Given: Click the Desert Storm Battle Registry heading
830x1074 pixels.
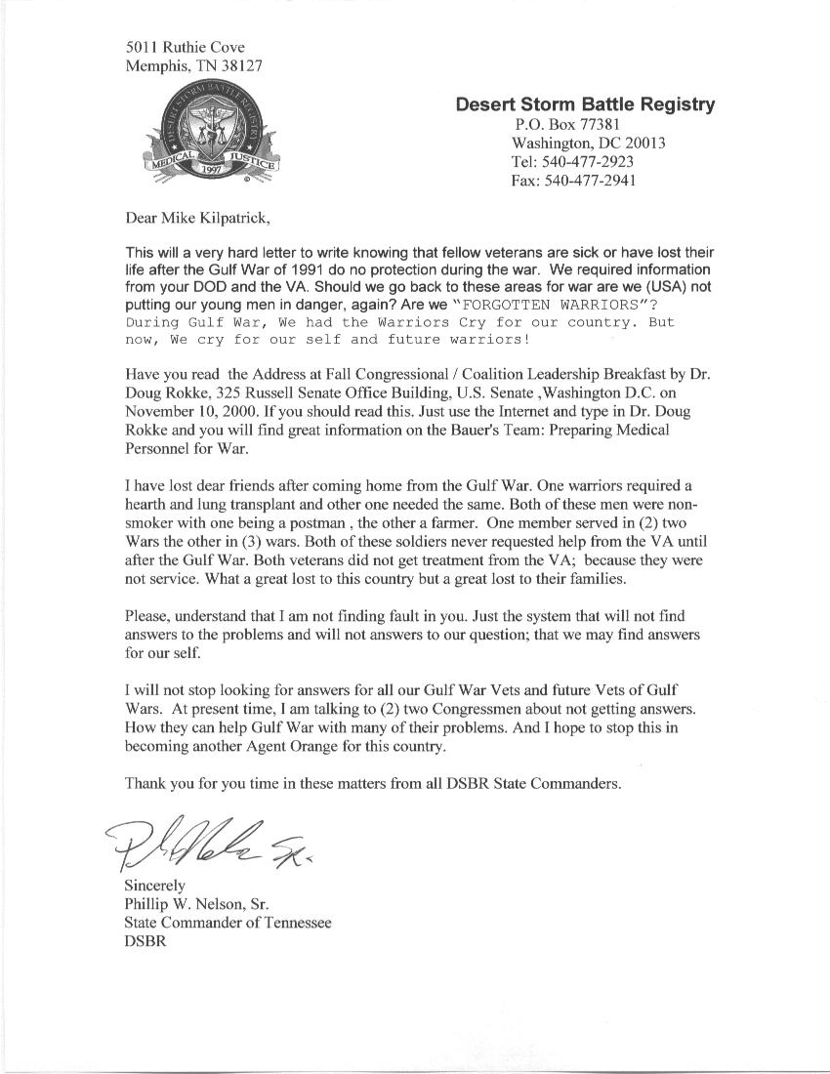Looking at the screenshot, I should point(585,104).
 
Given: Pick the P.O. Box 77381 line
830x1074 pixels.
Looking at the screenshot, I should point(566,124).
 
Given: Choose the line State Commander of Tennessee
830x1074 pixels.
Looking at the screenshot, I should point(228,923).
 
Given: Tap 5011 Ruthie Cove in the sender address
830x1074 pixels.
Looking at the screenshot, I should point(186,47).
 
